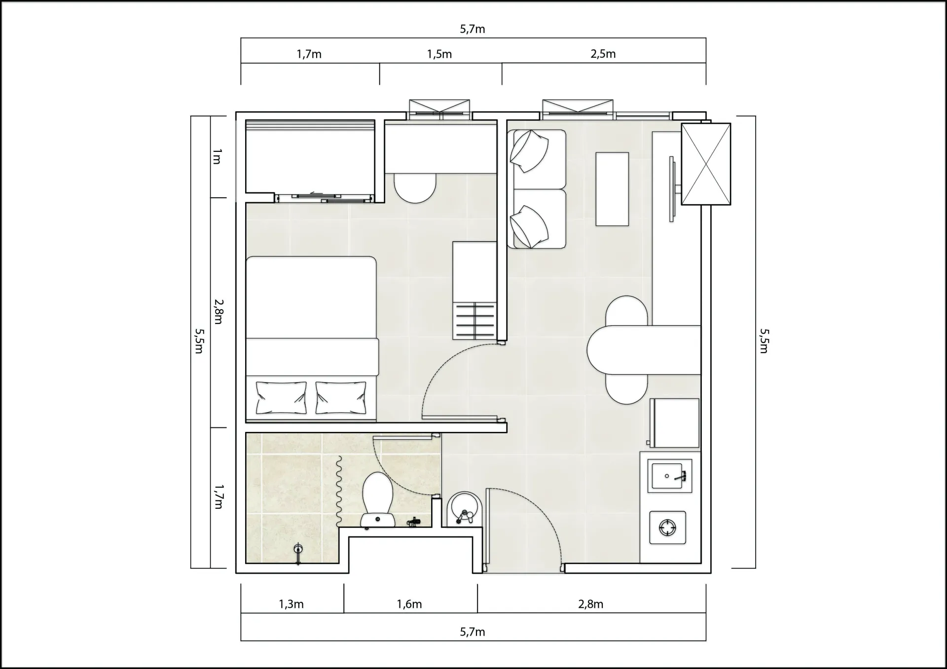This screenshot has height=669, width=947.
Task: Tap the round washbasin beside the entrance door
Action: pyautogui.click(x=464, y=508)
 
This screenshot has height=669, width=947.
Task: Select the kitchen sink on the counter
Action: pyautogui.click(x=669, y=476)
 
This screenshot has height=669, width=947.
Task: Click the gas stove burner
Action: pyautogui.click(x=668, y=528)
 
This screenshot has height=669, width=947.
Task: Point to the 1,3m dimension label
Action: pyautogui.click(x=291, y=604)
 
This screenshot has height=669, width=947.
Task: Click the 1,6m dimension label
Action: pyautogui.click(x=409, y=604)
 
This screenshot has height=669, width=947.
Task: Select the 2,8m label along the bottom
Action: pyautogui.click(x=591, y=604)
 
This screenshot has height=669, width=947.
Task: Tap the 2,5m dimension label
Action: pyautogui.click(x=603, y=54)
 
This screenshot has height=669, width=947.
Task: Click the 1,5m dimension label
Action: pyautogui.click(x=439, y=54)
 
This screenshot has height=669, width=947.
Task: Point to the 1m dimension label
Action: pyautogui.click(x=217, y=156)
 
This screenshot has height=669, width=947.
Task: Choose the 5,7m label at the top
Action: pyautogui.click(x=473, y=29)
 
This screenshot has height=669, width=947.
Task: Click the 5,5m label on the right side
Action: pyautogui.click(x=764, y=341)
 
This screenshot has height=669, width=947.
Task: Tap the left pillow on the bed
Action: pyautogui.click(x=281, y=398)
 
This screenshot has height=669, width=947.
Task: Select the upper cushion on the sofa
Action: pyautogui.click(x=529, y=151)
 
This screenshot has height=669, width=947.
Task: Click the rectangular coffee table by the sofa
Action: pyautogui.click(x=612, y=189)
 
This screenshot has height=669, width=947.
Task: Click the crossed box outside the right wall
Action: pyautogui.click(x=706, y=164)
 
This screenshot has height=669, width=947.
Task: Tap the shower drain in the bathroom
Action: pyautogui.click(x=298, y=549)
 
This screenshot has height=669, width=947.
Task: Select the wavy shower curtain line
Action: pyautogui.click(x=339, y=491)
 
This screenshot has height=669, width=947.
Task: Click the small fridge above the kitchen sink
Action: pyautogui.click(x=674, y=423)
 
